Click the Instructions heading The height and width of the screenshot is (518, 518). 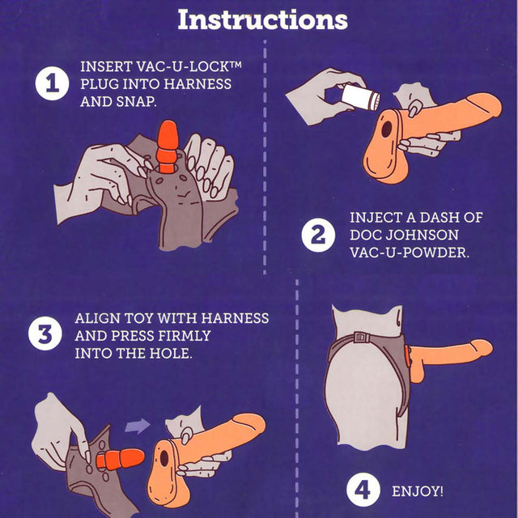coord(262,19)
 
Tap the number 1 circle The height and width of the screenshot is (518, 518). coord(52,83)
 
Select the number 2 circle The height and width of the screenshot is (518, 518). coord(318,236)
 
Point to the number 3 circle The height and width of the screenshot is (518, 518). coord(45,333)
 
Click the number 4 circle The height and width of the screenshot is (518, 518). coord(363,490)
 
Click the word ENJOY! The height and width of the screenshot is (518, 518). coord(418,491)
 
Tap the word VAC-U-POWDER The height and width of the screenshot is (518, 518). coord(410,253)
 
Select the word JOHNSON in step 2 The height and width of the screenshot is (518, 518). coord(422,235)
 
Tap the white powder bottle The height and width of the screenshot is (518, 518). coord(361,96)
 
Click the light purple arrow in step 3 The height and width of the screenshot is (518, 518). coord(138,426)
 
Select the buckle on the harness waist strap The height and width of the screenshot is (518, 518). coord(362,338)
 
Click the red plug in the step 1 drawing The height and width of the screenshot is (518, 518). coord(168,146)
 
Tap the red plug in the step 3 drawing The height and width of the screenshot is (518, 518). coord(120,459)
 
